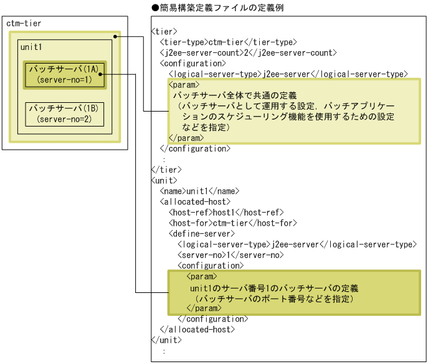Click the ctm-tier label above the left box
pyautogui.click(x=24, y=23)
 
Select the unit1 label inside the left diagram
pyautogui.click(x=31, y=47)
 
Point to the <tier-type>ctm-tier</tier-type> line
pyautogui.click(x=228, y=42)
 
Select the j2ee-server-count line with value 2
pyautogui.click(x=248, y=53)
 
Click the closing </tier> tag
pyautogui.click(x=166, y=170)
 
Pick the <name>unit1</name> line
pyautogui.click(x=199, y=191)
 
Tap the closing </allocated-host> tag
pyautogui.click(x=197, y=329)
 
